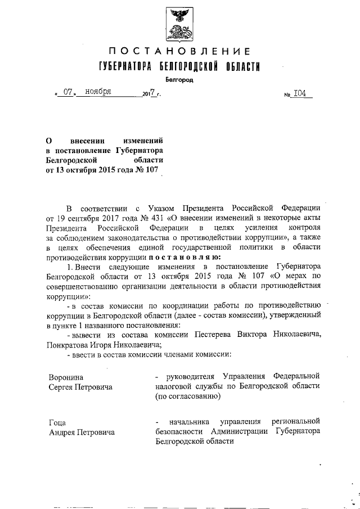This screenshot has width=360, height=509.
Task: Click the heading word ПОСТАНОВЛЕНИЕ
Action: (179, 52)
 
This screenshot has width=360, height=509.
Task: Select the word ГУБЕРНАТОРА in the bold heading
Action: (125, 67)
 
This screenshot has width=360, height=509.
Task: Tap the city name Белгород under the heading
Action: (179, 80)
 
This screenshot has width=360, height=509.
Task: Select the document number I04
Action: (303, 94)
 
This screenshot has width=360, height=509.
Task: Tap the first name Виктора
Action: (255, 334)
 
